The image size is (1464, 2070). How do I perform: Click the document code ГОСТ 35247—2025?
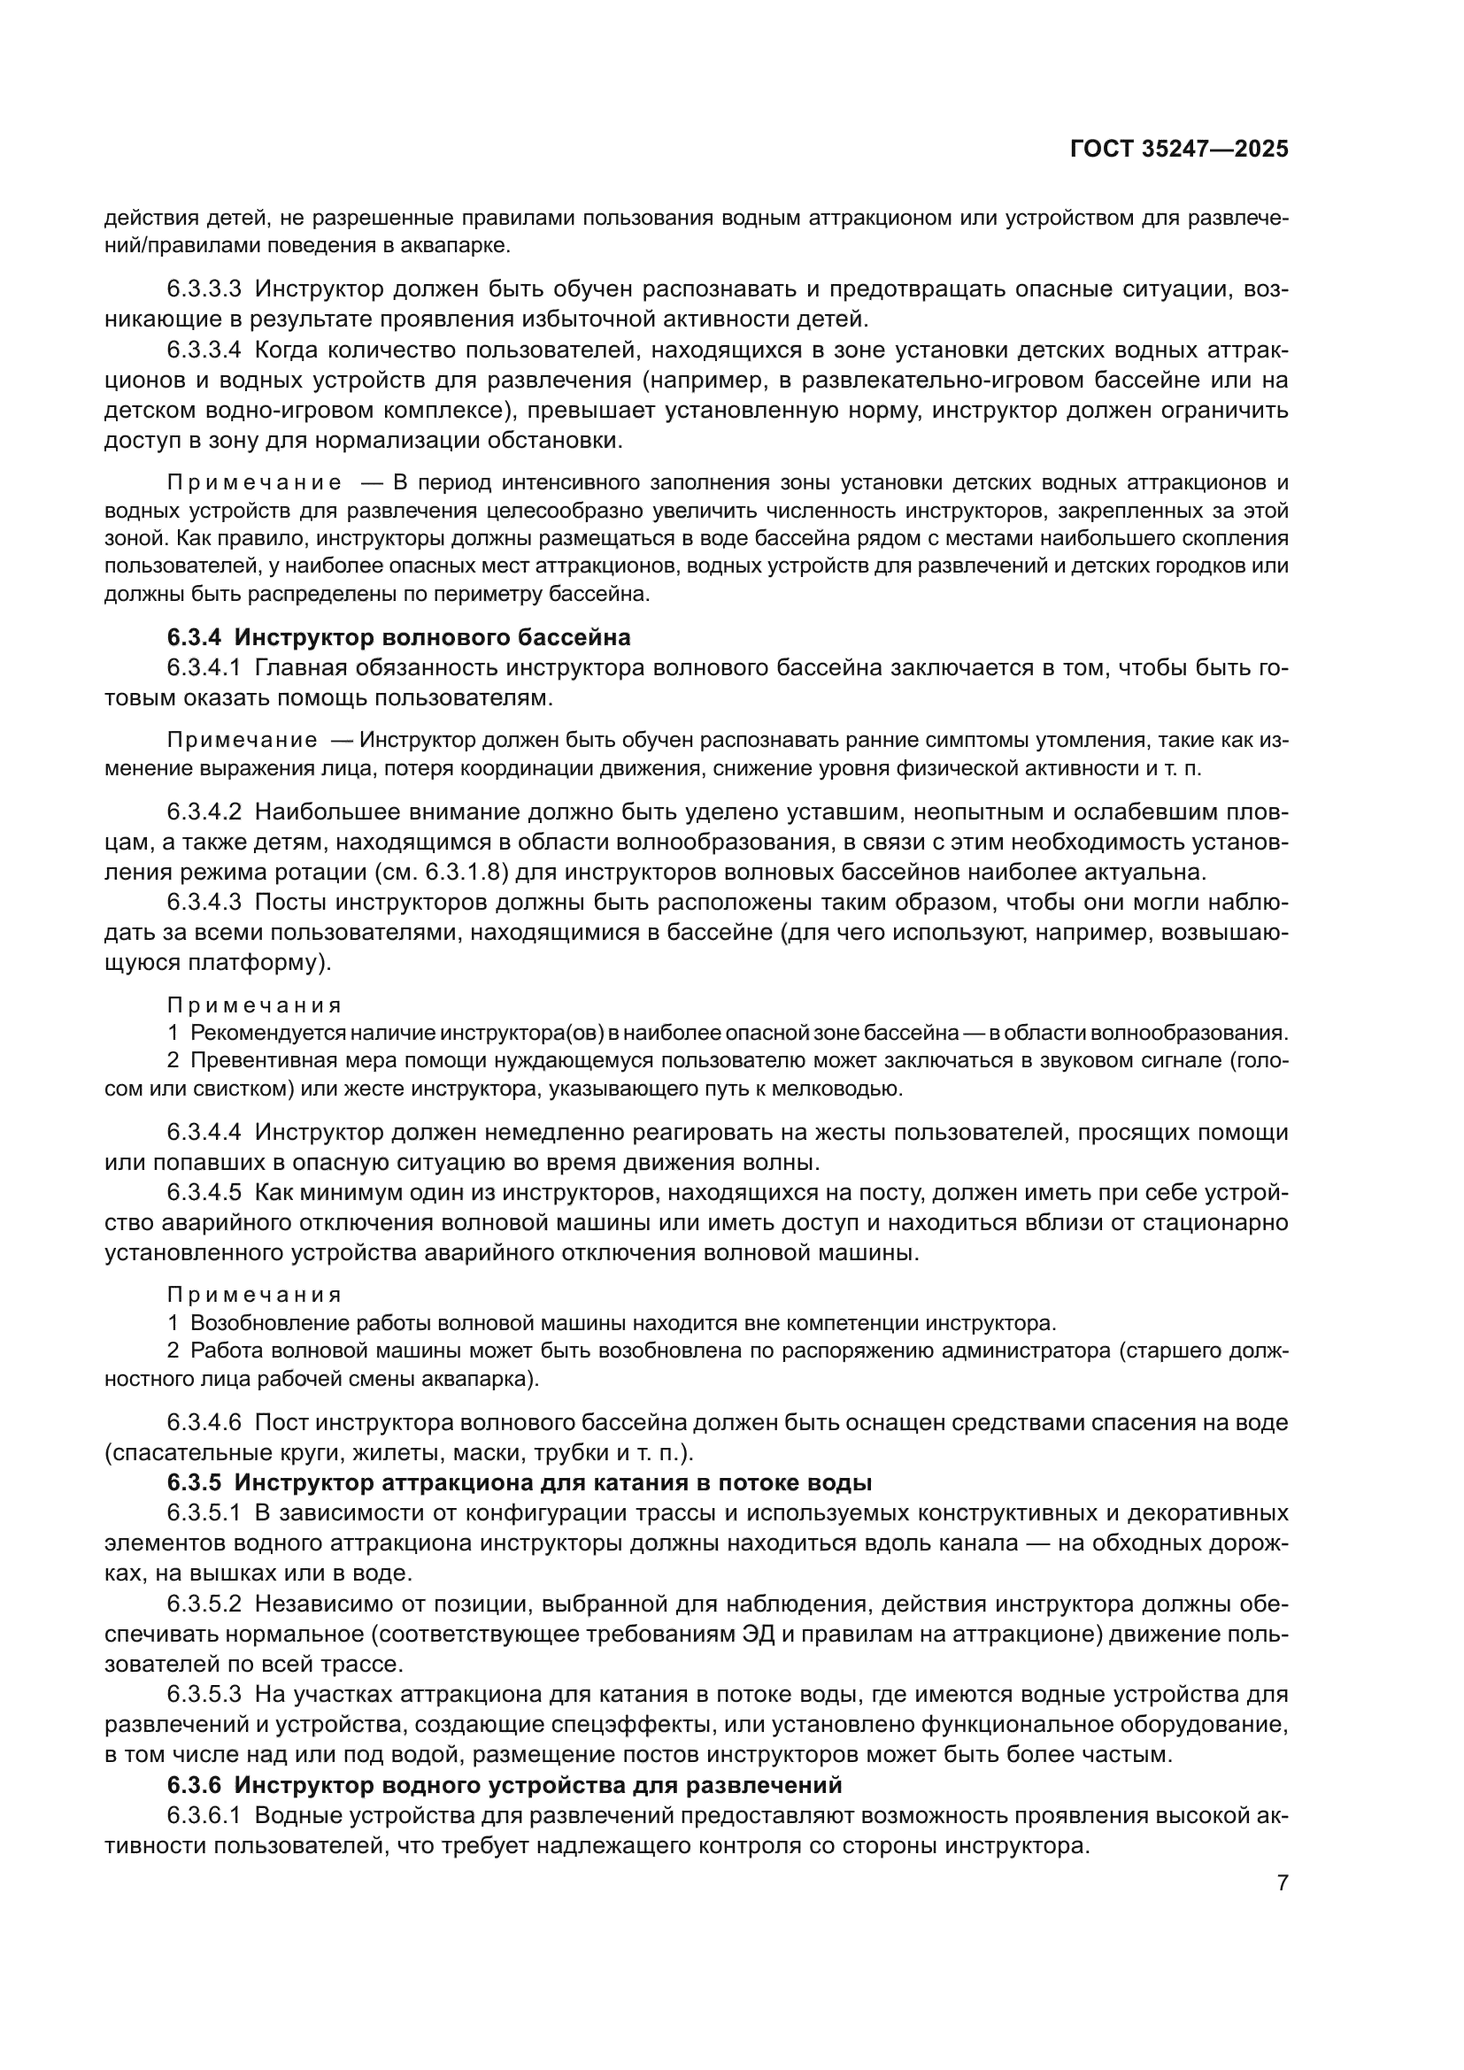pos(1179,150)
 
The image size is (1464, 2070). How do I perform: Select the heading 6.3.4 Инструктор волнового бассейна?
pos(398,637)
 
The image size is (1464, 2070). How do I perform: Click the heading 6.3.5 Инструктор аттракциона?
pos(519,1482)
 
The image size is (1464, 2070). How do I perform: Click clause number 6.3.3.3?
pos(204,289)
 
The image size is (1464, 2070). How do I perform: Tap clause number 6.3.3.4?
pos(204,350)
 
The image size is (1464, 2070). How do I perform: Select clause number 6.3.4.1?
pos(204,668)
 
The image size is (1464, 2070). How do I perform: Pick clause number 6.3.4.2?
pos(204,812)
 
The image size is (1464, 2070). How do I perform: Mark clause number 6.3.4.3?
pos(204,903)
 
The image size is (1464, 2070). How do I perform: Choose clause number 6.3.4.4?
pos(204,1132)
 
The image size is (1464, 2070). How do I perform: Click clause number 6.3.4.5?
pos(204,1193)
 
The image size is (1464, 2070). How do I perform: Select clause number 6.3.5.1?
pos(204,1512)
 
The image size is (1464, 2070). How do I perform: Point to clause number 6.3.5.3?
pos(204,1694)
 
